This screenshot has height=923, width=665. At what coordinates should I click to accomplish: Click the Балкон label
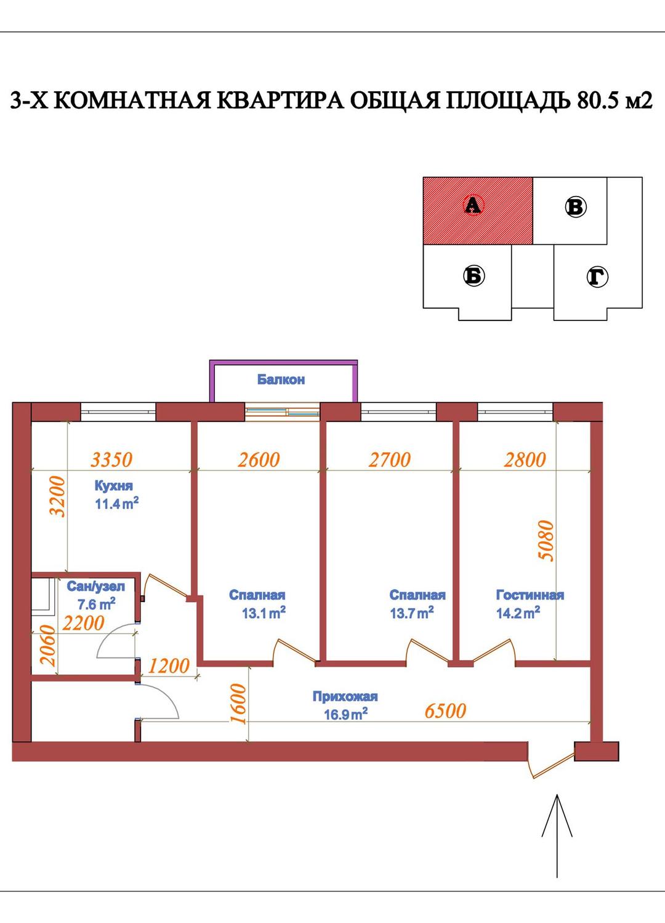[281, 380]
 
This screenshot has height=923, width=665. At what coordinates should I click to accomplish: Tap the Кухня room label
[114, 486]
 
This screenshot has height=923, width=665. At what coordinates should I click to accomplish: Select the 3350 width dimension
[111, 460]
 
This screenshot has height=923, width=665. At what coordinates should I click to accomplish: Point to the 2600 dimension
[259, 460]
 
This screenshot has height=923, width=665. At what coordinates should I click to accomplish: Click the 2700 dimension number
[390, 460]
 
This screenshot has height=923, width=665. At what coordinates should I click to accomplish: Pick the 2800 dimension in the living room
[525, 460]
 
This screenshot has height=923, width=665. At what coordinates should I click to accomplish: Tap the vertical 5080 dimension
[547, 540]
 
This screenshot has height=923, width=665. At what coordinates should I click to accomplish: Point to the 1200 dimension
[169, 665]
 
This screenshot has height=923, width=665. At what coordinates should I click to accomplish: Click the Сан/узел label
[96, 587]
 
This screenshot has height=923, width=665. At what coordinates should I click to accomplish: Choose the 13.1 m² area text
[264, 613]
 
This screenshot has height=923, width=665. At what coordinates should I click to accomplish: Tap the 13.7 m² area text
[412, 613]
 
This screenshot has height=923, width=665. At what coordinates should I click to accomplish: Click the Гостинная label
[530, 595]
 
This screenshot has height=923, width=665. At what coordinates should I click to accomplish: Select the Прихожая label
[345, 696]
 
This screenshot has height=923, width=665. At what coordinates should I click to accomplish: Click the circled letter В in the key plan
[575, 207]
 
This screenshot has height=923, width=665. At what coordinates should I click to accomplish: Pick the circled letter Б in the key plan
[474, 276]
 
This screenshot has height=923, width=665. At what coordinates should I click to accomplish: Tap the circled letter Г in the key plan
[597, 277]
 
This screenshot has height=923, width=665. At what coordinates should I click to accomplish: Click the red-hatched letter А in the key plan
[472, 205]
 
